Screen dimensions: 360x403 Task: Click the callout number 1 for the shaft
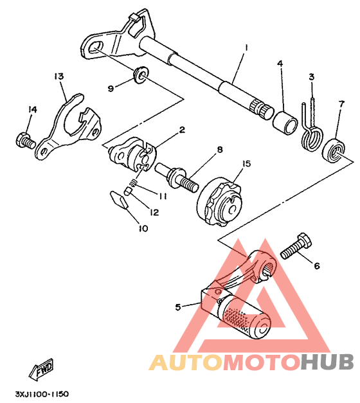coord(246,48)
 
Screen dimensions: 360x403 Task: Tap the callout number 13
coord(59,76)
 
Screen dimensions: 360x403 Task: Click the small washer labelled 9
coord(141,75)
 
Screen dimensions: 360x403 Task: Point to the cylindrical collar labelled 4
coord(285,122)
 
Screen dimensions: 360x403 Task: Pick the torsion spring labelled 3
coord(312,129)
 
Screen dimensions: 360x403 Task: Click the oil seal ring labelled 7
coord(334,150)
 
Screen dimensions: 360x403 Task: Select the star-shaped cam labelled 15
coord(221,202)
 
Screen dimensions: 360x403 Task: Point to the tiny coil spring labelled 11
coord(132,183)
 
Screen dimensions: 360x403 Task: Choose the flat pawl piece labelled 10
coord(118,200)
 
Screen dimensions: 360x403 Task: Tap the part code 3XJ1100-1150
coord(42,394)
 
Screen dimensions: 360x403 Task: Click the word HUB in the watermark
coord(327,362)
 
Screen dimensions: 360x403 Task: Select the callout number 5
coord(178,307)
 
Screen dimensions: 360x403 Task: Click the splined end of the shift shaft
coord(262,109)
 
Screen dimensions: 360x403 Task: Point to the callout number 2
coord(182,130)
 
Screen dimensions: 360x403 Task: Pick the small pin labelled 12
coord(127,192)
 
